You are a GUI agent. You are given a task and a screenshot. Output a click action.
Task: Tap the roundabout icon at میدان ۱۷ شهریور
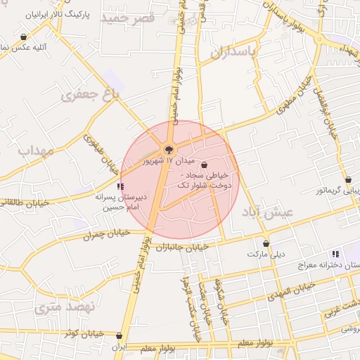pos(169,149)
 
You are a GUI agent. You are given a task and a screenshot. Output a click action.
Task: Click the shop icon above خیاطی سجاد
pos(205,165)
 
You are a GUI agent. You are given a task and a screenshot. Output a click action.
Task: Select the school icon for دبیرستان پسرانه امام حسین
pos(121,186)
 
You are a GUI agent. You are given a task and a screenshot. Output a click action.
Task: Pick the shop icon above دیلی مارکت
pos(266,243)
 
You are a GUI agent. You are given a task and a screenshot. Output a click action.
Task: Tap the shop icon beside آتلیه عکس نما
pos(24,37)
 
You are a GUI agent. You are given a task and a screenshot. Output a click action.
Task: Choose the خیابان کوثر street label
pos(84,333)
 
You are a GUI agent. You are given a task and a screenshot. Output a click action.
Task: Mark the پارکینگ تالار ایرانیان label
pos(58,14)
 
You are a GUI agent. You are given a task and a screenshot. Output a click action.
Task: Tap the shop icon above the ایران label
pos(119,336)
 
